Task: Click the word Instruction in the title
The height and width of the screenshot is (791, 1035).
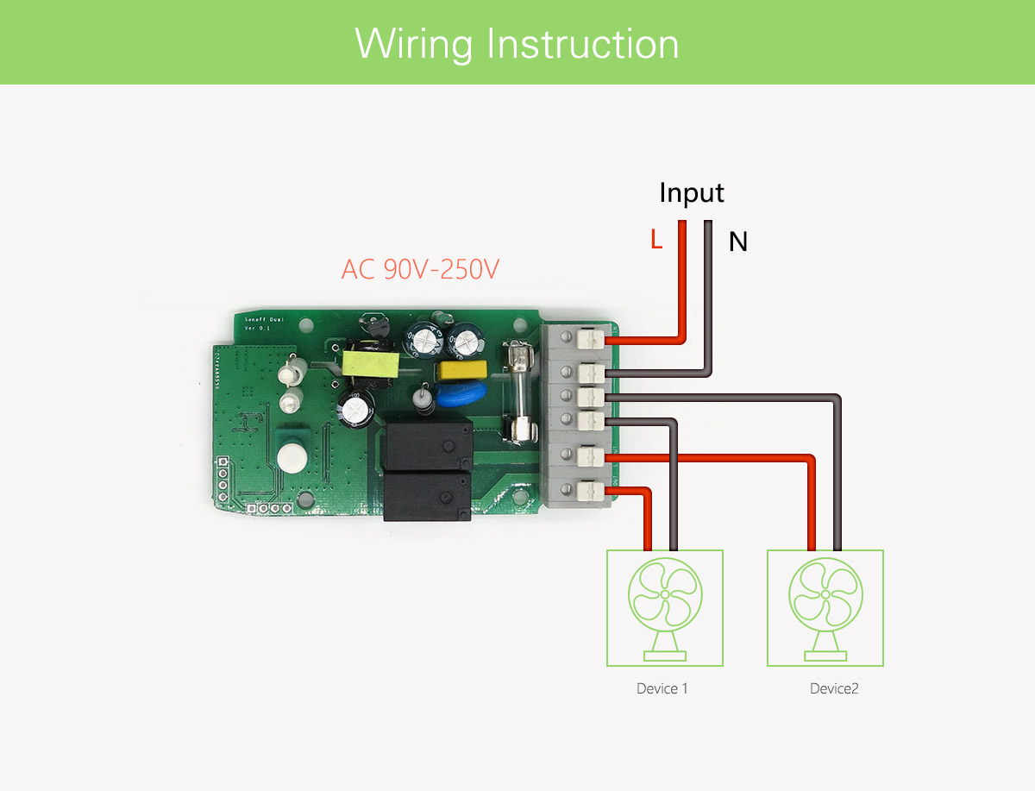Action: [x=583, y=44]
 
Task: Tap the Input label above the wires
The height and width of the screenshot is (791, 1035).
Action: [x=692, y=192]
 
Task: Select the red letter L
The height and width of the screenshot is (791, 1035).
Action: [x=656, y=241]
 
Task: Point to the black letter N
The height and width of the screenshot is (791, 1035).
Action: [x=737, y=242]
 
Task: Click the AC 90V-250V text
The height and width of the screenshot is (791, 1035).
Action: [x=420, y=270]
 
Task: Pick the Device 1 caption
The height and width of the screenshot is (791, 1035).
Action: [x=662, y=688]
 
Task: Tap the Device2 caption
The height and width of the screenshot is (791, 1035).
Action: [x=834, y=688]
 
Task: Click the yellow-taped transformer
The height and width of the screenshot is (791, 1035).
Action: [x=370, y=362]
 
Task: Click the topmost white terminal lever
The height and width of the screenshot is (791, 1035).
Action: [x=590, y=340]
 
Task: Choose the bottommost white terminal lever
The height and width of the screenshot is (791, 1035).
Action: [x=590, y=492]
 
